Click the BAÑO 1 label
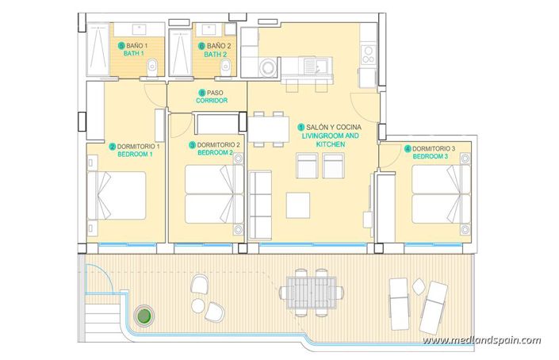coord(135,46)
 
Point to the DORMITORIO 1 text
coord(139,146)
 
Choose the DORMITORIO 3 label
coord(433,148)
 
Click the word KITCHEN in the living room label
coord(331,145)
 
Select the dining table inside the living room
coord(269,128)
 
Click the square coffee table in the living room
coord(300,205)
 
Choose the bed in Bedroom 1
coord(119,197)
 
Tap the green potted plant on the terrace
coord(144,316)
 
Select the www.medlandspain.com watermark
coord(482,340)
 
